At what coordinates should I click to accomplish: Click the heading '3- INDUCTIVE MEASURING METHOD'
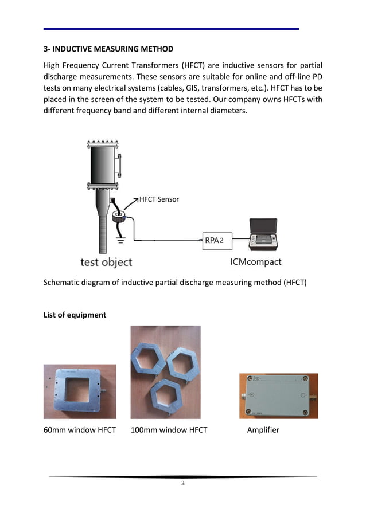coord(108,48)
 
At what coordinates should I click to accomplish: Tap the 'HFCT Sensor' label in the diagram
coord(158,199)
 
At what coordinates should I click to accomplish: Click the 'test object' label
coord(106,263)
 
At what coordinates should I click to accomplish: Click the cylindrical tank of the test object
coord(103,166)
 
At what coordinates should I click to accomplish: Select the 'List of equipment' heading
coord(75,315)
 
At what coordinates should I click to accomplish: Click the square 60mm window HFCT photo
coord(80,391)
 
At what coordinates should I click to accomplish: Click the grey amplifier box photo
coord(278,396)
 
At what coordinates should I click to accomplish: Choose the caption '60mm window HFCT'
coord(80,430)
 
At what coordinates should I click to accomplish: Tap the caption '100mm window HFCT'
coord(169,430)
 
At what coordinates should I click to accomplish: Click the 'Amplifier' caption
coord(263,430)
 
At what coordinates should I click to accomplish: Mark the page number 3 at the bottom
coord(182,484)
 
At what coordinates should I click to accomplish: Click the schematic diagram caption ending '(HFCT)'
coord(175,282)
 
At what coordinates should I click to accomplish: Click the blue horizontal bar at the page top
coord(172,29)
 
